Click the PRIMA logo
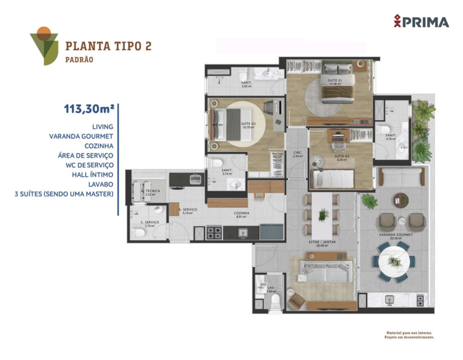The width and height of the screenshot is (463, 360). point(421,21)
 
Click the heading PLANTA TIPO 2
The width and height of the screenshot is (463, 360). point(108,46)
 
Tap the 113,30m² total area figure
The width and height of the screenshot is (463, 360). point(89,109)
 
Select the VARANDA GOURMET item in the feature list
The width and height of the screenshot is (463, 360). point(81,136)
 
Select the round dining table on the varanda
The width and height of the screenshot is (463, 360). point(394,262)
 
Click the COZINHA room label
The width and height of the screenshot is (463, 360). point(242,213)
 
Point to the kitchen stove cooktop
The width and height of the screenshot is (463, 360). point(214,232)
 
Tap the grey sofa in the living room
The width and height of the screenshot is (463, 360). point(324,271)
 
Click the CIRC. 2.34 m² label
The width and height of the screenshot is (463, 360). point(298,154)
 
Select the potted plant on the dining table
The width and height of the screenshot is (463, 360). point(323,215)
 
